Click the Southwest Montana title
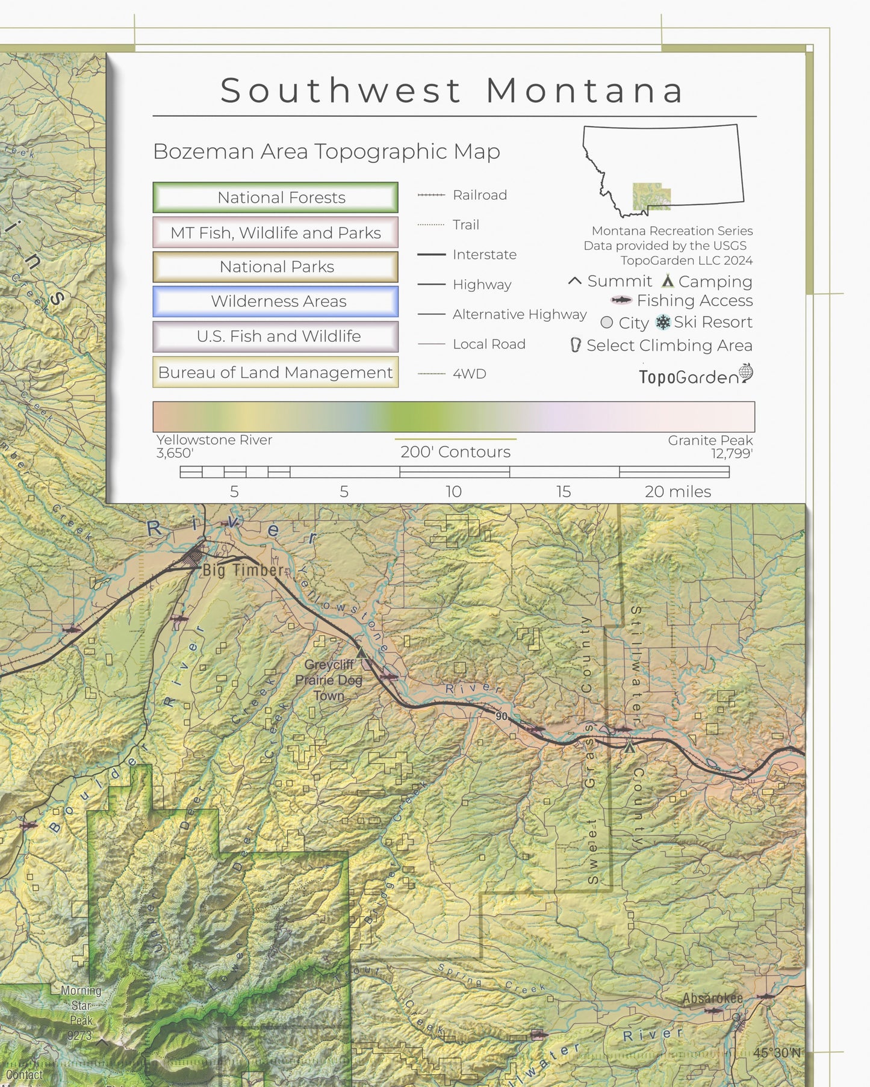point(453,91)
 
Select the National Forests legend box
point(275,197)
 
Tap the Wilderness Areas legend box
point(275,302)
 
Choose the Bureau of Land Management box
point(275,373)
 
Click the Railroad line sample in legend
point(431,195)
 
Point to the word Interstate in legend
point(484,255)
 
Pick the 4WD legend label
point(469,374)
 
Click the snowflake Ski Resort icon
point(663,323)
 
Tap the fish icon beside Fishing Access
point(621,300)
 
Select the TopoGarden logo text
point(688,377)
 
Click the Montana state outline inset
point(662,169)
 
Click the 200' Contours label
point(455,452)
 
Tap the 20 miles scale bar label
point(677,492)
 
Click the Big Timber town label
point(243,570)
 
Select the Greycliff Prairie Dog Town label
point(329,680)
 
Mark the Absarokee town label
point(712,998)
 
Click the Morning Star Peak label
point(81,1012)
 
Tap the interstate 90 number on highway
point(502,716)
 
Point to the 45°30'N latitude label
point(777,1053)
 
